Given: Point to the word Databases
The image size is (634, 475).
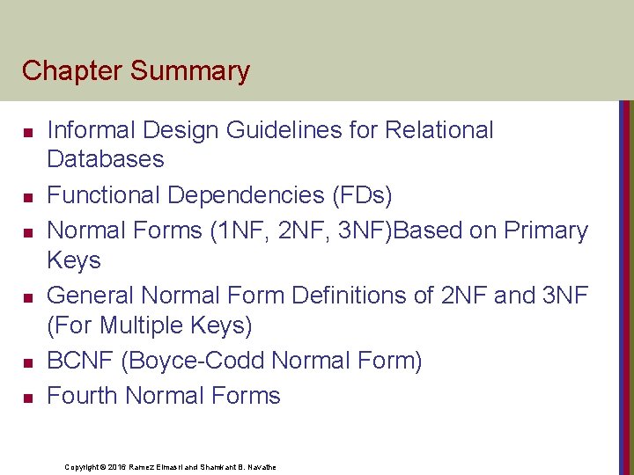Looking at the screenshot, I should [x=105, y=159].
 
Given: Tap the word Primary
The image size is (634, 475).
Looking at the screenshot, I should [x=546, y=230].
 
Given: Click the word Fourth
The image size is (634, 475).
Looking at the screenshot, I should [x=83, y=396].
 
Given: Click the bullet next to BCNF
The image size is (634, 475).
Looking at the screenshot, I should [x=27, y=362].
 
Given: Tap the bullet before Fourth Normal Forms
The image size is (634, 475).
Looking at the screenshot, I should [x=27, y=398].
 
